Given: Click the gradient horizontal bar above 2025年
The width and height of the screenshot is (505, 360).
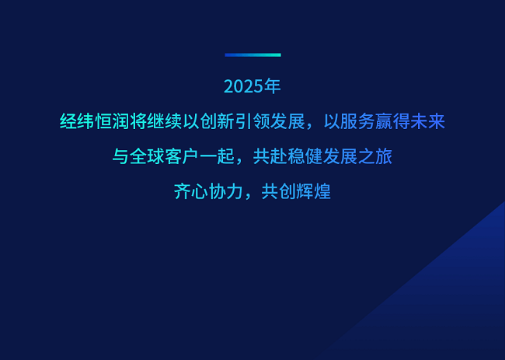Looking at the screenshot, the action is [x=252, y=55].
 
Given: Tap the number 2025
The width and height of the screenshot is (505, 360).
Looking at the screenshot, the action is [x=243, y=87].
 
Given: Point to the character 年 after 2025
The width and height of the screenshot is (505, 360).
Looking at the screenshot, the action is [x=272, y=86].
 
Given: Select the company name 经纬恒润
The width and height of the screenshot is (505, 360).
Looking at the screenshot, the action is [x=95, y=122].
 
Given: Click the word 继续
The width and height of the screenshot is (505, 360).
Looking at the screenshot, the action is [x=165, y=122].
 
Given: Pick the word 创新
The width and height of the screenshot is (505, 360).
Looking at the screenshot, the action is [x=218, y=122].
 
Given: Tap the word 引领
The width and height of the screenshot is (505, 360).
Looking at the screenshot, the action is [x=252, y=122].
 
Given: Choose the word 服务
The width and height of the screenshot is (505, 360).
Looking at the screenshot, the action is [x=357, y=122].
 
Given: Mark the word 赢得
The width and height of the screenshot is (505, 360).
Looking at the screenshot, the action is [x=392, y=122].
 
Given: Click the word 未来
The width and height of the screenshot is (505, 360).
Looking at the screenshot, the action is [x=428, y=122].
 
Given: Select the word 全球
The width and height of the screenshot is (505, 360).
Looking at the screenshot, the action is [x=148, y=156].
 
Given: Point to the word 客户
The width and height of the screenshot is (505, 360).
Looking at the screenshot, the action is [x=183, y=156].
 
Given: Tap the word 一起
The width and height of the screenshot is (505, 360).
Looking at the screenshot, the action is [x=217, y=156].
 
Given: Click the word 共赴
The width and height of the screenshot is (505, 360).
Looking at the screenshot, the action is [x=270, y=156].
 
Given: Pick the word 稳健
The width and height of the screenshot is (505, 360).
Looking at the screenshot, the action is [x=305, y=156].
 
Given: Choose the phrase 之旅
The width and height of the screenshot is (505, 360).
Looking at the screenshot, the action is [x=375, y=156].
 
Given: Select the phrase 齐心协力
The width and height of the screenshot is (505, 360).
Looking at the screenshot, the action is [x=209, y=191].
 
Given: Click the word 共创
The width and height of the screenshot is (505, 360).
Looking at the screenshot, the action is [x=279, y=191].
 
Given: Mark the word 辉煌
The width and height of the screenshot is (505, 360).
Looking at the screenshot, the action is [x=313, y=191].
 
